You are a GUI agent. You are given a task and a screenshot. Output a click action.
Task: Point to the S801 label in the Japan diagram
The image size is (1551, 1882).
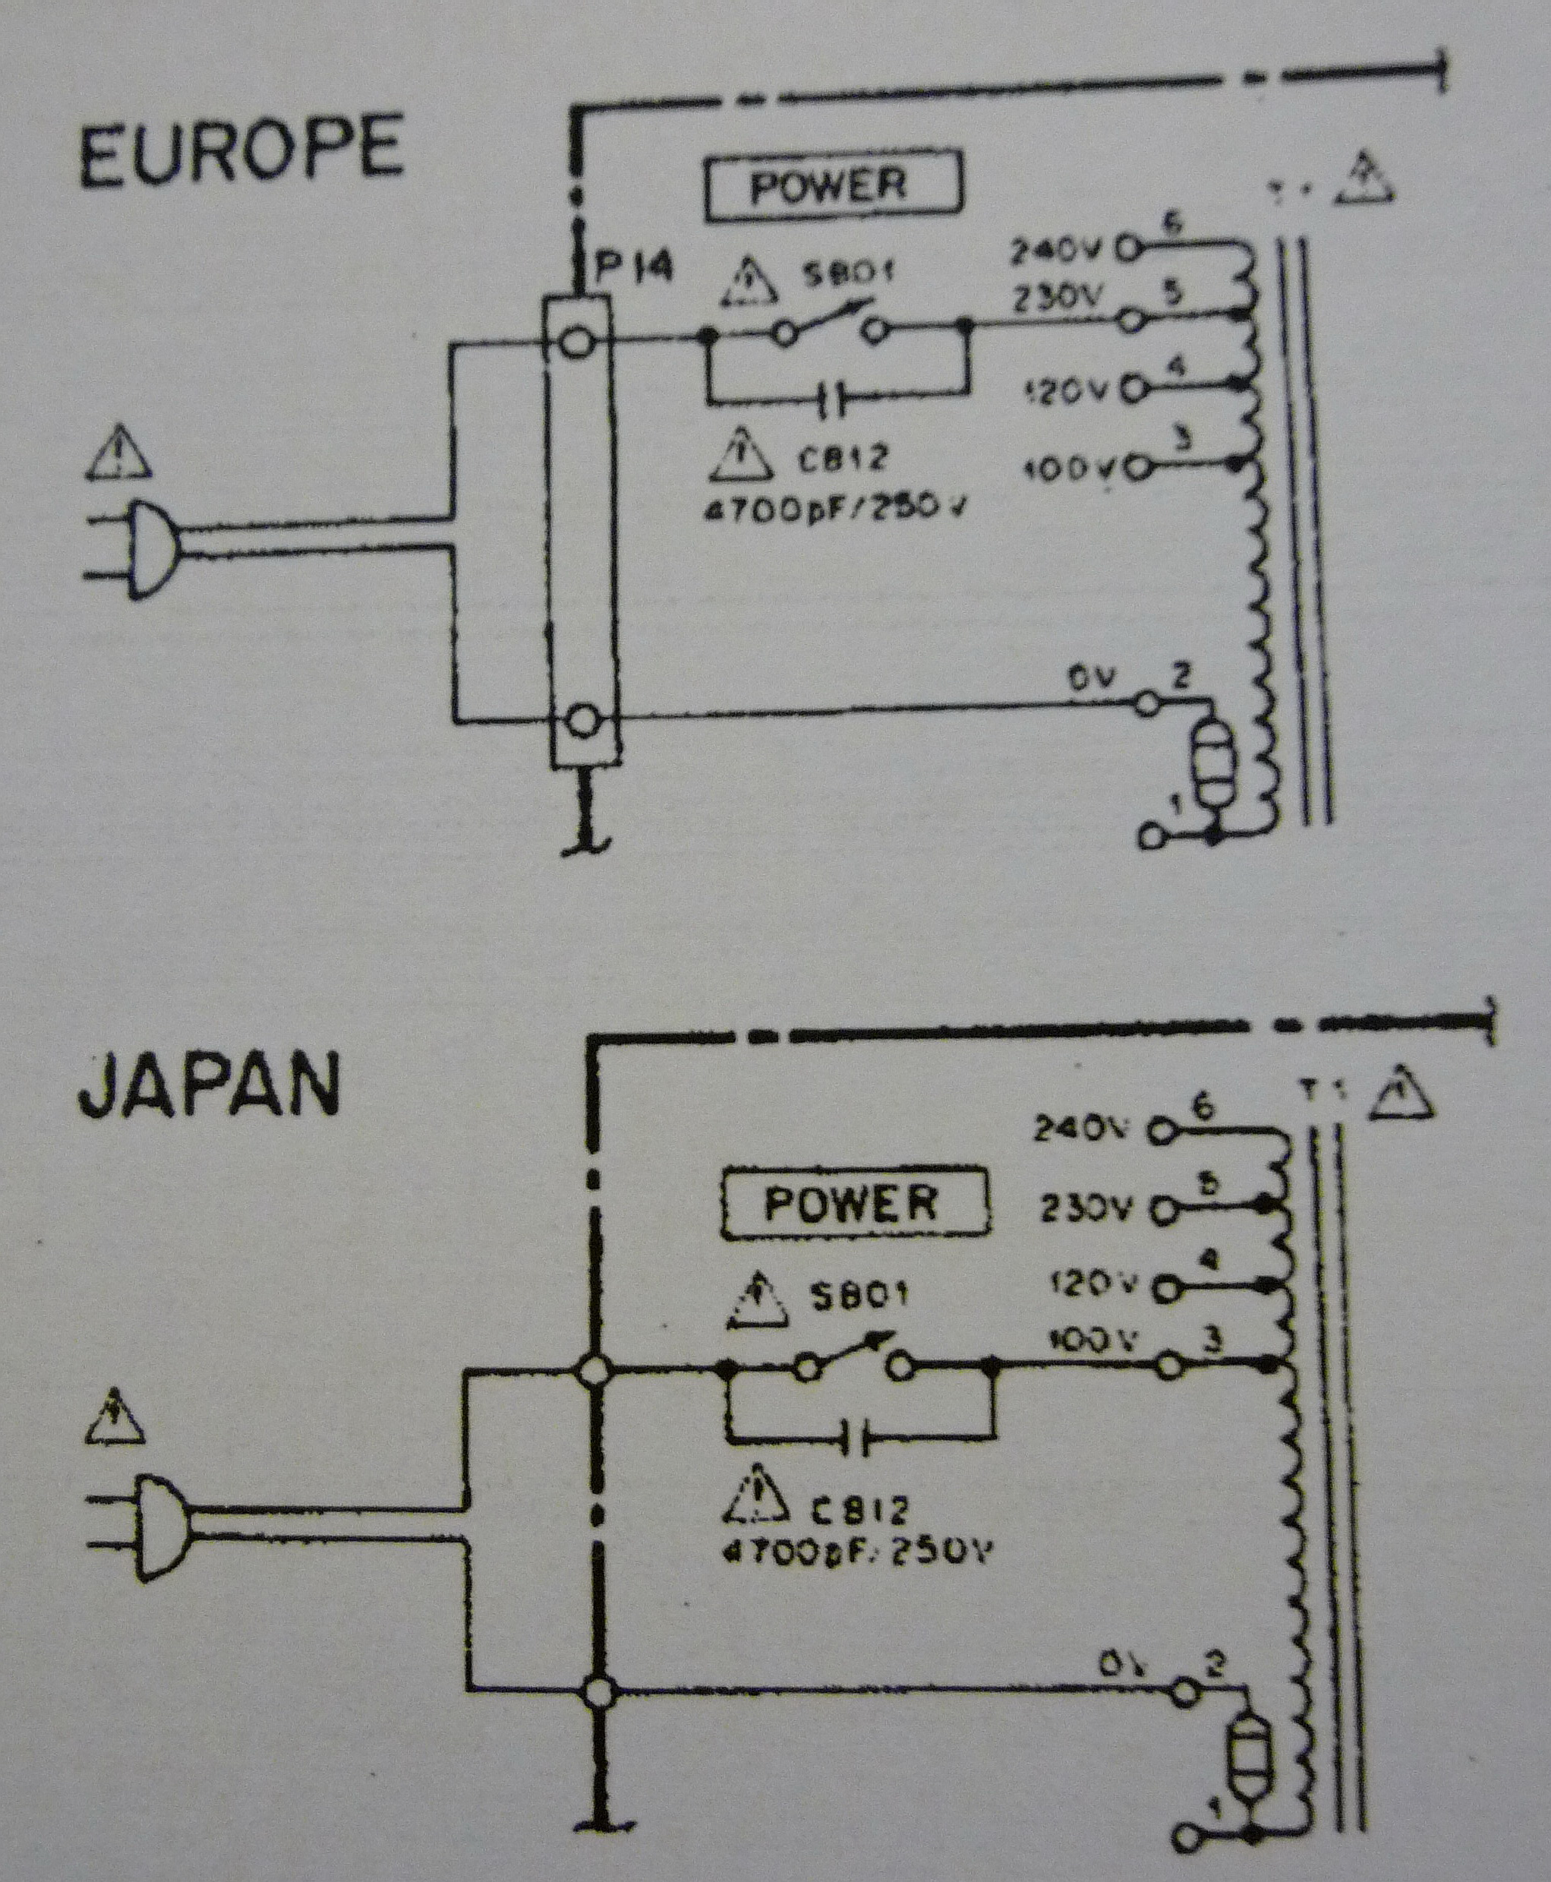(x=857, y=1295)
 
